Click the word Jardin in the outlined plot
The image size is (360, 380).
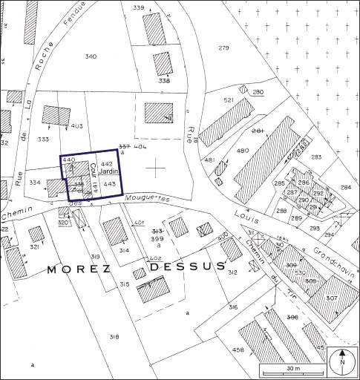coord(108,172)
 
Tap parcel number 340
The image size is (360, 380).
coord(91,57)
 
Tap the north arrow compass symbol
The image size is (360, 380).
coord(341,362)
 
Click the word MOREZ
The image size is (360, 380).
coord(82,270)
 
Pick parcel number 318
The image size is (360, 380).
coord(114,337)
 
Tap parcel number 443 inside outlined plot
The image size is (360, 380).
coord(108,183)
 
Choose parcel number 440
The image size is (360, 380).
coord(69,160)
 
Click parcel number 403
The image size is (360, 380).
coord(76,126)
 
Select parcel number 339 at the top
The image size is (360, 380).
coord(138,7)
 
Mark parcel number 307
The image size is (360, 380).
coord(331,298)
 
